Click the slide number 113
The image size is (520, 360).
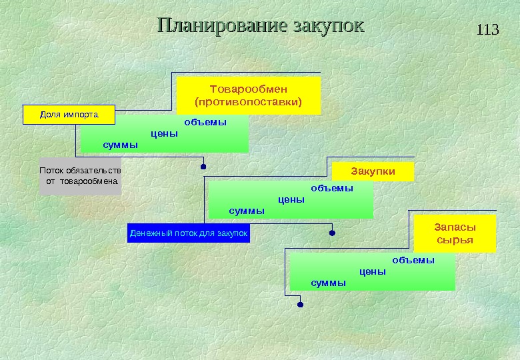click(x=488, y=30)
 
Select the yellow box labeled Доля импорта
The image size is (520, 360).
click(x=69, y=115)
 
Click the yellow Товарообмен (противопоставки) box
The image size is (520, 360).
click(x=248, y=95)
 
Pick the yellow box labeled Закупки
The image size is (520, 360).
click(x=373, y=171)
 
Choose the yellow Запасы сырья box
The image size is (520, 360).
click(x=455, y=233)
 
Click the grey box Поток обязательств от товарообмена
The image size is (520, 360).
click(x=81, y=176)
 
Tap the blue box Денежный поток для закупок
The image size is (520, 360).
click(x=188, y=233)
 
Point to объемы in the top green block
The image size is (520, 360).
click(x=205, y=123)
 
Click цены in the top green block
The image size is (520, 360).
click(x=165, y=133)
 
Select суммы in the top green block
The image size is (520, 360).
click(x=121, y=145)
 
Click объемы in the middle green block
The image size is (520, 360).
click(x=332, y=189)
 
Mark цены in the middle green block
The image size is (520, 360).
click(x=291, y=199)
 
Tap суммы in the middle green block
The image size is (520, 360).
click(x=247, y=211)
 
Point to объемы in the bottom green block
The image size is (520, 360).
click(x=413, y=260)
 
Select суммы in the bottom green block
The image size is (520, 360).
click(x=329, y=283)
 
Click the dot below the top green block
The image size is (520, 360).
click(x=203, y=166)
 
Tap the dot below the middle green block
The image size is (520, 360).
click(x=332, y=233)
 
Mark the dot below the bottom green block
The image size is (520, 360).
click(x=300, y=305)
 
